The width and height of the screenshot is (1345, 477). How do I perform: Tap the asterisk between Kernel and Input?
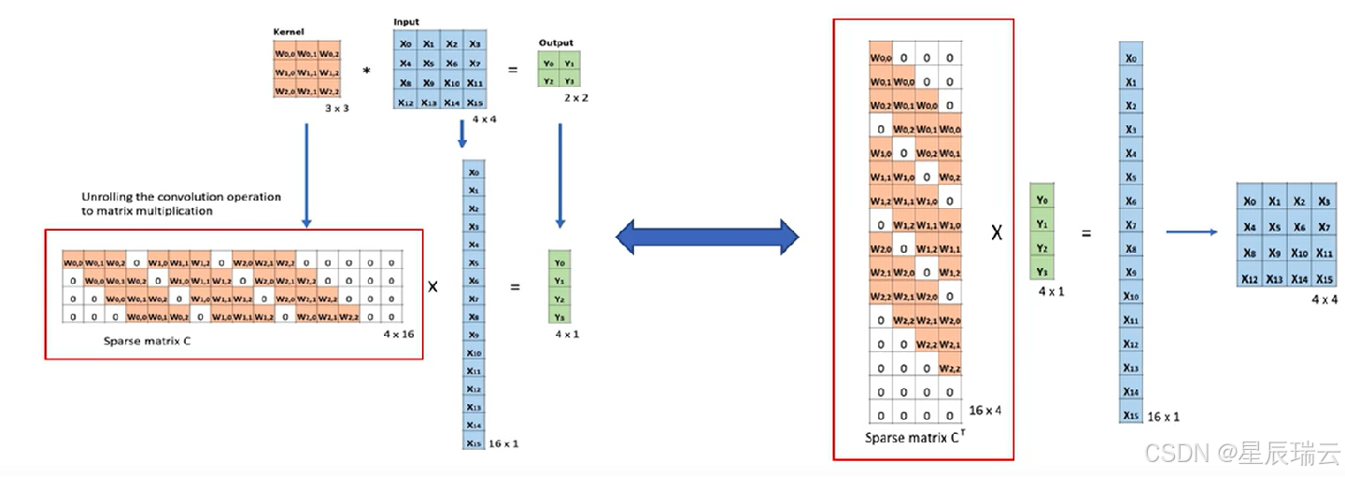click(366, 71)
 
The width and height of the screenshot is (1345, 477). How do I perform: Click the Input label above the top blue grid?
click(406, 21)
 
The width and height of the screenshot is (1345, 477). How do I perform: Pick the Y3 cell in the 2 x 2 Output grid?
click(570, 80)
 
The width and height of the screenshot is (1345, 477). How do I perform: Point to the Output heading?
click(556, 43)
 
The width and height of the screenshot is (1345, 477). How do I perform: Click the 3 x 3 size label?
click(336, 109)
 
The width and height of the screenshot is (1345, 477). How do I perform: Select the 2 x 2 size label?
click(575, 97)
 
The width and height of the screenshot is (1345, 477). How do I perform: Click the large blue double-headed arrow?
click(707, 238)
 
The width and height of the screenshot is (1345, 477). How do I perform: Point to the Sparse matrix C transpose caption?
click(912, 437)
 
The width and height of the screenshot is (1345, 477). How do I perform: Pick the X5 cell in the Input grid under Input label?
click(428, 63)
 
